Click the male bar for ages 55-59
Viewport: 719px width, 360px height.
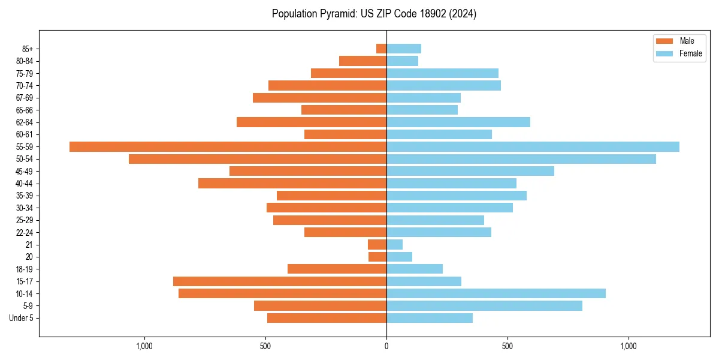pyautogui.click(x=228, y=147)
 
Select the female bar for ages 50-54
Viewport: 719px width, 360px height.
pyautogui.click(x=521, y=159)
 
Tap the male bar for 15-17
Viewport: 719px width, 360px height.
pyautogui.click(x=280, y=281)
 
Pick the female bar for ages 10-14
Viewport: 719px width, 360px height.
pyautogui.click(x=496, y=293)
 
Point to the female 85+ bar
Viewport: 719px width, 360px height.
pyautogui.click(x=404, y=49)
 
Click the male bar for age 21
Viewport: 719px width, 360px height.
pyautogui.click(x=377, y=245)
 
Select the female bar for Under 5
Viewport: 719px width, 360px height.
pyautogui.click(x=430, y=318)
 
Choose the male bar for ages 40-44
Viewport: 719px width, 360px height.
pyautogui.click(x=292, y=184)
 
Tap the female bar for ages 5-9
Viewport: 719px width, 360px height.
pyautogui.click(x=484, y=306)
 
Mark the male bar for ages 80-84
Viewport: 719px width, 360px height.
pyautogui.click(x=363, y=61)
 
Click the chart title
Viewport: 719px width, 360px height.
pyautogui.click(x=374, y=14)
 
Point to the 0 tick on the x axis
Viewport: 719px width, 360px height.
pyautogui.click(x=386, y=346)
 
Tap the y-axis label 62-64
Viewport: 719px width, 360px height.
pyautogui.click(x=24, y=122)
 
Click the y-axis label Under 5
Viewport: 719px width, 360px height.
pyautogui.click(x=22, y=318)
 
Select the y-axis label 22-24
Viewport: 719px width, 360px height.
pyautogui.click(x=24, y=233)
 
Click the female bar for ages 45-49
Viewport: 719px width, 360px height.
pyautogui.click(x=470, y=172)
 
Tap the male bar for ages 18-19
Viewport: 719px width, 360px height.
pyautogui.click(x=337, y=269)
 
